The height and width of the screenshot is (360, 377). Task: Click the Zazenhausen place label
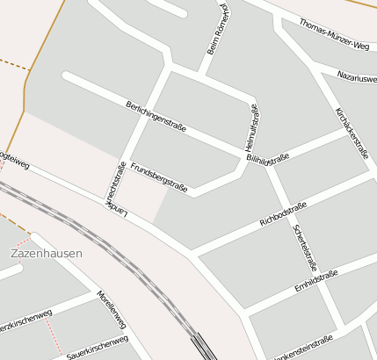coord(47,253)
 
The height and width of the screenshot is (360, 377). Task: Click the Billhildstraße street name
coord(268,159)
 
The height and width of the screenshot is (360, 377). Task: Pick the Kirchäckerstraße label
coord(352,132)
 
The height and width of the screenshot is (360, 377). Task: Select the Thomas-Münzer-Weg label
coord(333,34)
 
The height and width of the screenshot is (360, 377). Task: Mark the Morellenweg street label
coord(112,309)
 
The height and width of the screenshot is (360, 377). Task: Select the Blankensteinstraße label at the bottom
coord(303,349)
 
